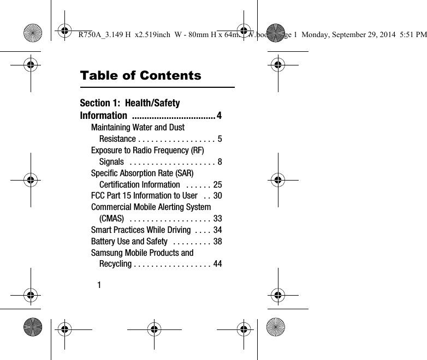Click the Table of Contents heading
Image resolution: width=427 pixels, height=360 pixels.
coord(140,75)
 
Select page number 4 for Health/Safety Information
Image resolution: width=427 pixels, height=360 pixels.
coord(219,116)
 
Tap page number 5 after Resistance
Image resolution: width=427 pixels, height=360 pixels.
coord(219,139)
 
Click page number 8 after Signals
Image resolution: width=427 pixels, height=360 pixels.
coord(219,162)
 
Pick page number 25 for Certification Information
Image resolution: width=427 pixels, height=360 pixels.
coord(217,185)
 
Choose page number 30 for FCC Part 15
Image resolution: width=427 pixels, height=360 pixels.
coord(217,196)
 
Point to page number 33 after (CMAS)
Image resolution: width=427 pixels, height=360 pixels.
coord(217,219)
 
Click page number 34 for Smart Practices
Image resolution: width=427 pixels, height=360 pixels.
coord(217,230)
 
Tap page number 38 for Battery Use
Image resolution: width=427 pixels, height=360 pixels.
coord(217,242)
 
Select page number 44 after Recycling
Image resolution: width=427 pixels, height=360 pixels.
coord(217,265)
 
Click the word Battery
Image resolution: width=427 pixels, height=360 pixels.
coord(102,241)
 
